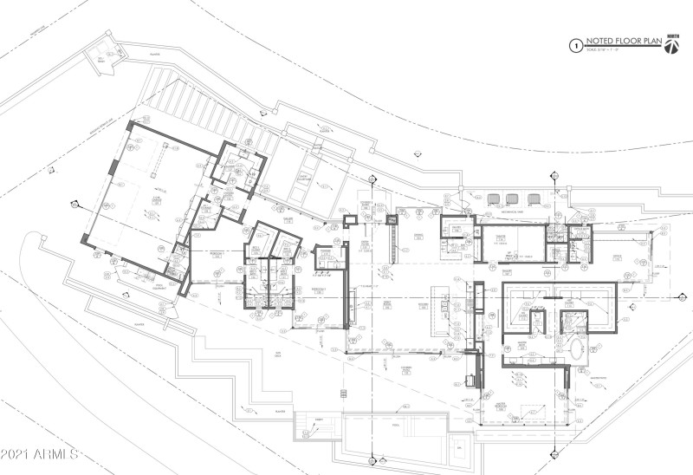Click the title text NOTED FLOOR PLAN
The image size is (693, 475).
[x=616, y=42]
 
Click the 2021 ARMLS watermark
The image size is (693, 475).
[x=40, y=453]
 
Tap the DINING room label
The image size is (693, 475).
[x=417, y=236]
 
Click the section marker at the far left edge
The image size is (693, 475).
[x=72, y=205]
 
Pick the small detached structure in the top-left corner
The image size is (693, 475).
[x=101, y=57]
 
